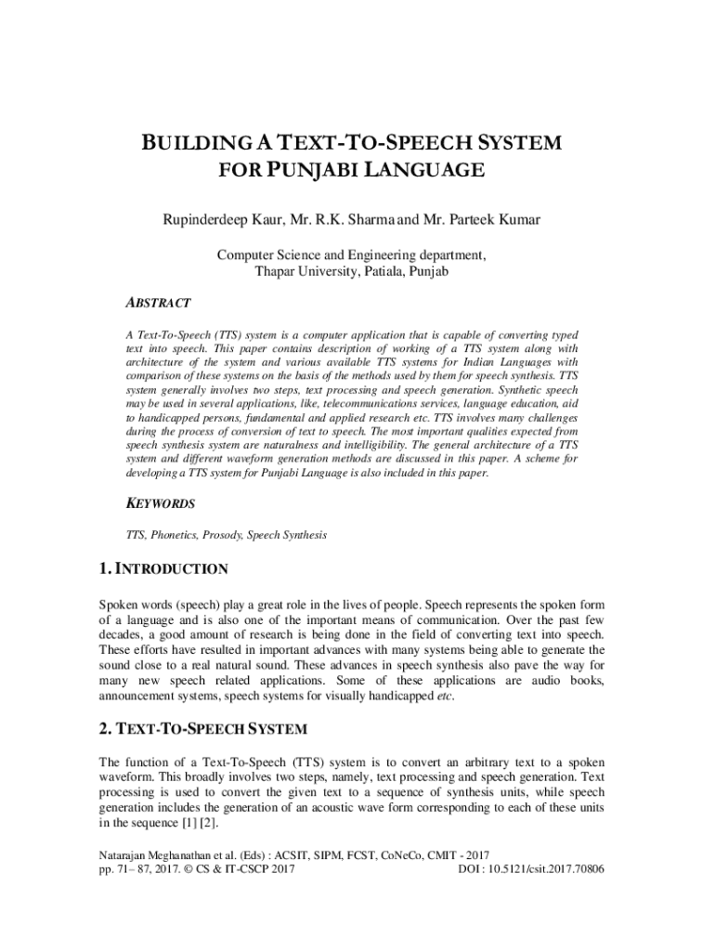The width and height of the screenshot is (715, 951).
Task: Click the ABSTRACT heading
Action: (x=159, y=303)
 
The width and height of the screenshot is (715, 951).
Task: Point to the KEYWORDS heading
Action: (x=161, y=503)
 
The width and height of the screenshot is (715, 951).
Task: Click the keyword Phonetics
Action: (x=173, y=535)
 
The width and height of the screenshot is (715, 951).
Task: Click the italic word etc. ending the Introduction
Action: (x=446, y=698)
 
